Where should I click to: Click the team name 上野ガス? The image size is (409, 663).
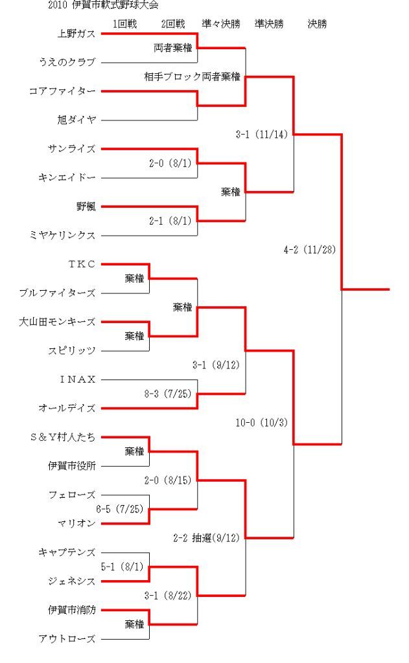coord(76,34)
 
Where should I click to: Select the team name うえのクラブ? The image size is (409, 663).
coord(67,62)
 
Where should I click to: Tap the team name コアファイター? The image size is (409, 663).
coord(62,91)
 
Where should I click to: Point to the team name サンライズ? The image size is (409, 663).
coord(72,149)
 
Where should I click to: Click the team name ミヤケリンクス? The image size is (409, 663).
coord(63,235)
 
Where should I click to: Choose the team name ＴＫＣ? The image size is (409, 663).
coord(82,264)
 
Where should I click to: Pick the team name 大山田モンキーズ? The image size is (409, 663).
coord(58,322)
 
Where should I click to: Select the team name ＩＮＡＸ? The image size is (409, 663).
coord(78,379)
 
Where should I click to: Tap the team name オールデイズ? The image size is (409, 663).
coord(67,408)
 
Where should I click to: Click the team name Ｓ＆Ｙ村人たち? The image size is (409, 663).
coord(63,437)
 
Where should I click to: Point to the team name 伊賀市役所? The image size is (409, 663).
coord(72,466)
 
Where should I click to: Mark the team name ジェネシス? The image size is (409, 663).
coord(72,581)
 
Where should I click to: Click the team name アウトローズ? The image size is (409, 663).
coord(67,638)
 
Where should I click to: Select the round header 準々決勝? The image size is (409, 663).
coord(221,24)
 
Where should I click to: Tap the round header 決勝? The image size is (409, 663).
coord(317,24)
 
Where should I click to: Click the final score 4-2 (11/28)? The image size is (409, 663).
coord(309,249)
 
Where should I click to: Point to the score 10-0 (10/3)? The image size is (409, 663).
coord(262,422)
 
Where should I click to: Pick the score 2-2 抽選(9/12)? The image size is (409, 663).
coord(206,538)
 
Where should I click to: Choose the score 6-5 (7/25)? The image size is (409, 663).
coord(120,509)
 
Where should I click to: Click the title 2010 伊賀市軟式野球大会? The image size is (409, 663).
coord(104,5)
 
